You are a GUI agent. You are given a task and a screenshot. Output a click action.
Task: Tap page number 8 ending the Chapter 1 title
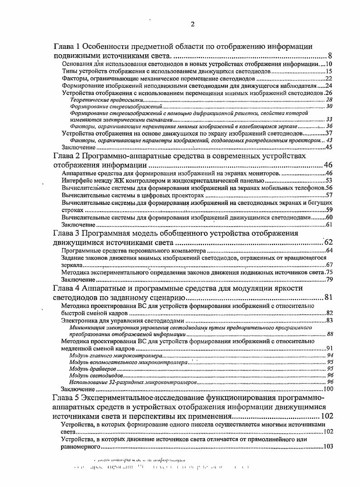pyautogui.click(x=331, y=56)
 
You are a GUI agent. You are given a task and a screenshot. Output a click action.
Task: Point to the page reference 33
pyautogui.click(x=330, y=119)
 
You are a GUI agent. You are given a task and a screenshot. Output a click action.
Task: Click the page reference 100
pyautogui.click(x=328, y=389)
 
